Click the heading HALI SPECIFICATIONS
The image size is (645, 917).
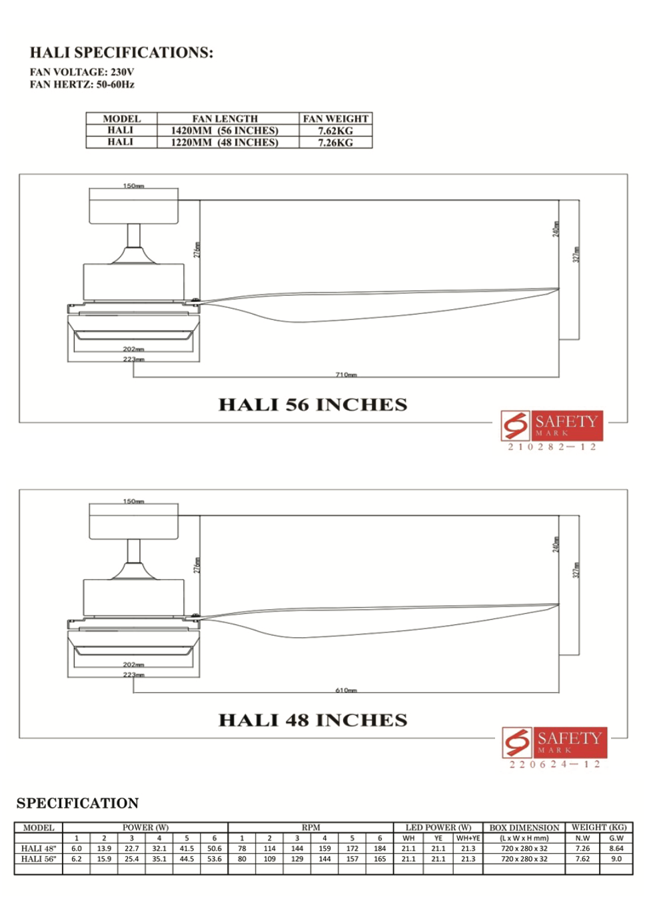point(121,53)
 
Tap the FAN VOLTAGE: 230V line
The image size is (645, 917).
point(81,72)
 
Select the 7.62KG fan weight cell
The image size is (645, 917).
point(335,131)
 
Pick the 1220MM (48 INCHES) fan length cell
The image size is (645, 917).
point(225,143)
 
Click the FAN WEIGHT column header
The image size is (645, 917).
point(335,119)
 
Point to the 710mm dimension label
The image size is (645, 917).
point(346,375)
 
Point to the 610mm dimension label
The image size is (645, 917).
point(346,690)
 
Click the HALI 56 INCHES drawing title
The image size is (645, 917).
point(313,405)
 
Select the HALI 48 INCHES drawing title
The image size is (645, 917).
point(313,720)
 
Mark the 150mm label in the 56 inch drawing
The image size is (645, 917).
point(133,186)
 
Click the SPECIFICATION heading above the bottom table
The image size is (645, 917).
point(77,803)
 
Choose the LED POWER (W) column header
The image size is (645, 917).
point(438,828)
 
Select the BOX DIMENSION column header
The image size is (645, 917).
point(524,828)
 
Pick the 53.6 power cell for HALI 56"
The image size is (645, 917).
point(214,859)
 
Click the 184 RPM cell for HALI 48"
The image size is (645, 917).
point(380,848)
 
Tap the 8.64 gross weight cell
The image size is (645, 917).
point(616,848)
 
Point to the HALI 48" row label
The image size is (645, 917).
point(39,848)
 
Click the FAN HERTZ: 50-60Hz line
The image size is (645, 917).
point(82,85)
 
